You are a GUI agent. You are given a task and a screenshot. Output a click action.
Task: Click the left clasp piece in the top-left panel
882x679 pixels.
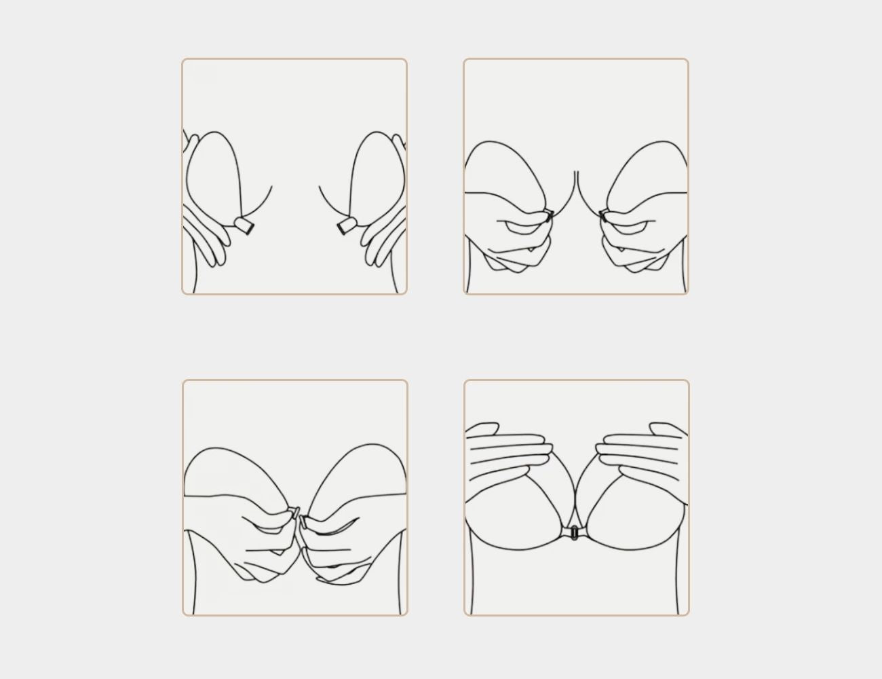click(244, 225)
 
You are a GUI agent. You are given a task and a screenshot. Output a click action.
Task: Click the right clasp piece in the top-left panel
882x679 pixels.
click(345, 225)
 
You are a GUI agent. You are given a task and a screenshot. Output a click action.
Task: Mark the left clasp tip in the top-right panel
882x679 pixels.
click(549, 216)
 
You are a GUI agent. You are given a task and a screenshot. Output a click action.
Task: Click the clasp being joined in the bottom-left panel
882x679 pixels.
click(297, 514)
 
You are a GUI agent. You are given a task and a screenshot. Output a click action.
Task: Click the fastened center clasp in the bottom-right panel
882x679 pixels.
click(575, 533)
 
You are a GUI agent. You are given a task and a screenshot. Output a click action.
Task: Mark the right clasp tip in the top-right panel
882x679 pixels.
click(603, 216)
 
